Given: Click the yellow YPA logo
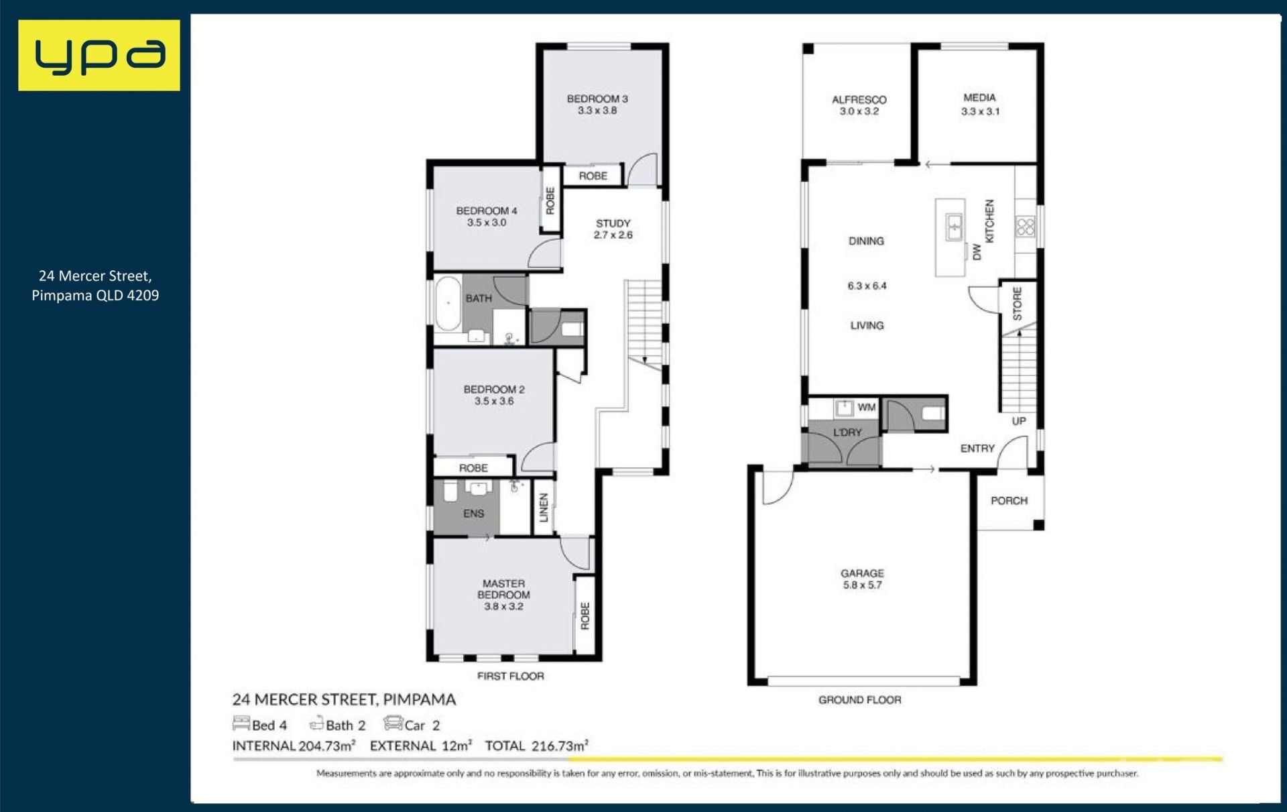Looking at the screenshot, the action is tap(99, 55).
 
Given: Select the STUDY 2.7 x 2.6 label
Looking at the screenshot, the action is tap(613, 229).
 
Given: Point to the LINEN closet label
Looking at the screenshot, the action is tap(544, 508).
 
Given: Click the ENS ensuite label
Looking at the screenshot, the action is tap(473, 514).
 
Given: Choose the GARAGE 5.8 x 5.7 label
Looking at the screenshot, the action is tap(862, 579).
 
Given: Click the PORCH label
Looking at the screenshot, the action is tap(1009, 500).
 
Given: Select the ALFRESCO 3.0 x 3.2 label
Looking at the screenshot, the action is tap(859, 105).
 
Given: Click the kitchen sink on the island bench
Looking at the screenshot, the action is tap(955, 227).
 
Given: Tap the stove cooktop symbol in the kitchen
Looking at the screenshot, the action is tap(1026, 227).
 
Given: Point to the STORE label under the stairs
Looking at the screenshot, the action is tap(1017, 304).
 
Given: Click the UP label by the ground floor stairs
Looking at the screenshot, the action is tap(1019, 421).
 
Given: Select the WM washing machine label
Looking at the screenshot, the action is tap(867, 407).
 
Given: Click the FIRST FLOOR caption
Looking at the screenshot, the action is tap(511, 676).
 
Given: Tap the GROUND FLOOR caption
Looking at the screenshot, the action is tap(860, 700).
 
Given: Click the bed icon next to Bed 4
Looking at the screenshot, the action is tap(241, 723).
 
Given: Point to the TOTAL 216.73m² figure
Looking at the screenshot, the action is tap(537, 746).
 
